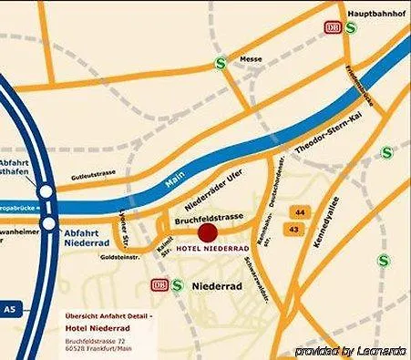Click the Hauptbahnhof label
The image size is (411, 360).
tap(375, 14)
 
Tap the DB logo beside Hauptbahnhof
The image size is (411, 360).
tap(334, 28)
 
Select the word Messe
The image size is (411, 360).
tap(250, 59)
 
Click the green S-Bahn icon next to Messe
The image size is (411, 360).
tap(220, 63)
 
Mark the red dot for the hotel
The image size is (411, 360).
tap(208, 234)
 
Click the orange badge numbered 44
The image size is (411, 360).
tap(299, 211)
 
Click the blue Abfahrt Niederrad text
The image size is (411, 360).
tap(87, 238)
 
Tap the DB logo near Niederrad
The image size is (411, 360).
tap(159, 285)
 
